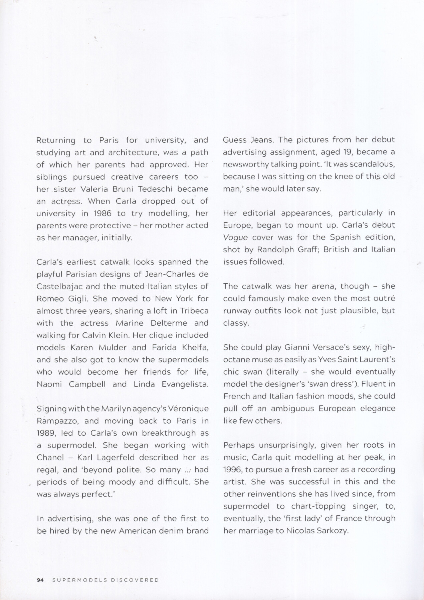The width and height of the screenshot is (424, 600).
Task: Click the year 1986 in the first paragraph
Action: pos(102,213)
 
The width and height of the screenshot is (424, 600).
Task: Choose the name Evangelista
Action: pos(185,384)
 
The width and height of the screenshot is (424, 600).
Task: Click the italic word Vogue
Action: pos(235,238)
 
